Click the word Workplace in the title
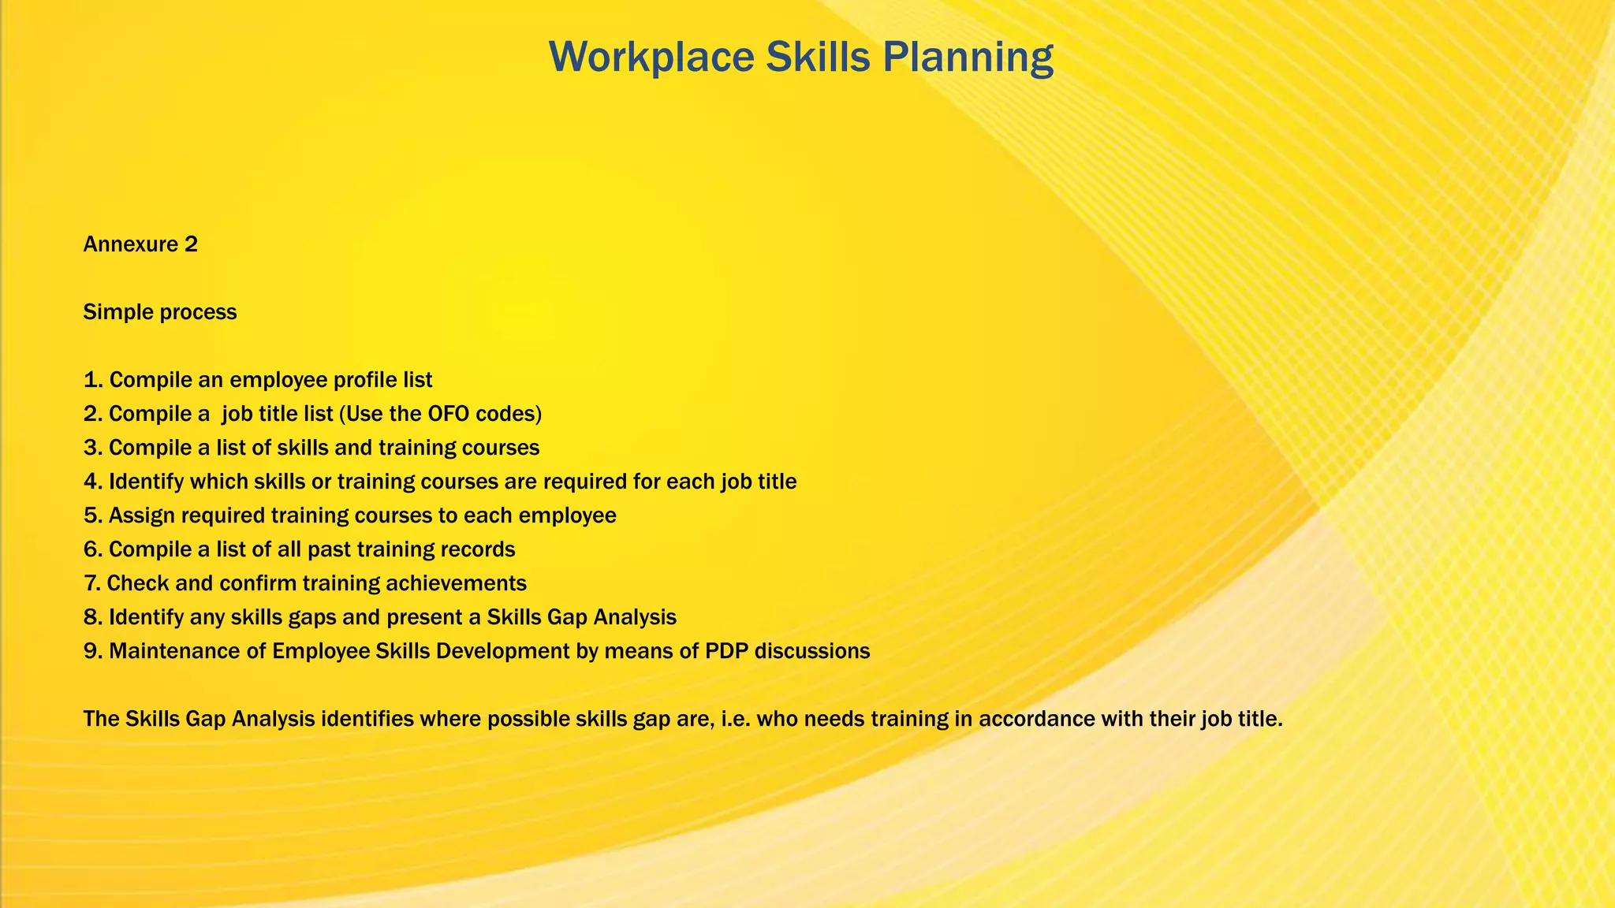pos(651,58)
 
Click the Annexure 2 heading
pos(140,244)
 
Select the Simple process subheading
pos(160,312)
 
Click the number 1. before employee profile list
pos(93,380)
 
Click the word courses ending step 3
pos(502,448)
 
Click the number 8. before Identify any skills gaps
pos(93,617)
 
